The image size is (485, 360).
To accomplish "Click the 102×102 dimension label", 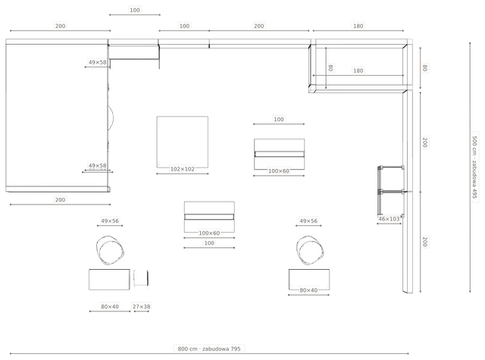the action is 183,169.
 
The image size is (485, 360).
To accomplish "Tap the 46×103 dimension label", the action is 389,219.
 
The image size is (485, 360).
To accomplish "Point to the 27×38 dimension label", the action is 142,306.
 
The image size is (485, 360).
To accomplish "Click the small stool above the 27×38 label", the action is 141,277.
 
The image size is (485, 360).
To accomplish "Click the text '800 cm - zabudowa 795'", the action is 209,349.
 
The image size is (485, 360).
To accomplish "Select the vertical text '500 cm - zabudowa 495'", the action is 475,167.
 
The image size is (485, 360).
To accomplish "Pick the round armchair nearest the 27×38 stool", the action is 110,250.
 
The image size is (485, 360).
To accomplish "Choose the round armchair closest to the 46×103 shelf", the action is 310,250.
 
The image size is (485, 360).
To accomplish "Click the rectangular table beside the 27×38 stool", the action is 109,280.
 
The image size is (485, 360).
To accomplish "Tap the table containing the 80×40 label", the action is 309,280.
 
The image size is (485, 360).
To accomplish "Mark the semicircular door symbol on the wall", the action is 113,117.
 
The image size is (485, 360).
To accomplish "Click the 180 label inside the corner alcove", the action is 358,70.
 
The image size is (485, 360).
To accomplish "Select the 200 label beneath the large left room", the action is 61,200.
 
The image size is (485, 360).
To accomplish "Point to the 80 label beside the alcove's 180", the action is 330,67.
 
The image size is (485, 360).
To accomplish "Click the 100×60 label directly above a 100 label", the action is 209,233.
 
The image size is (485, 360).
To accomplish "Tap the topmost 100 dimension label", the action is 135,10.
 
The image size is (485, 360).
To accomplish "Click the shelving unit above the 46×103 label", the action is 391,190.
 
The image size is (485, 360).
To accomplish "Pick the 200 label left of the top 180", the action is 259,26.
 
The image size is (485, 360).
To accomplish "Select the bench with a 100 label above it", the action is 279,154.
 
